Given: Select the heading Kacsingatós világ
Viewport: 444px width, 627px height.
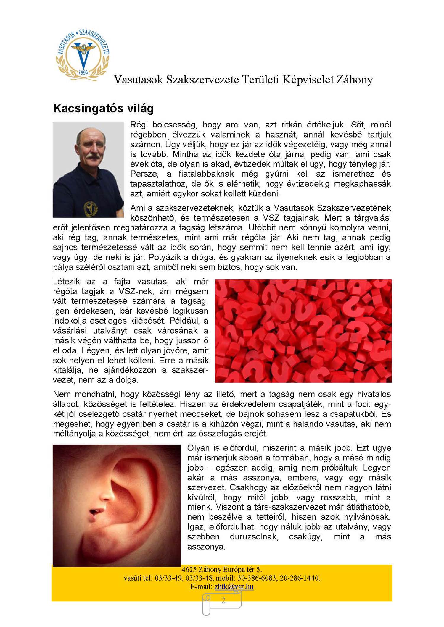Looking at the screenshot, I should pyautogui.click(x=103, y=109).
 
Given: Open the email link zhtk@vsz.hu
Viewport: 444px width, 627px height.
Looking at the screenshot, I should pyautogui.click(x=234, y=586).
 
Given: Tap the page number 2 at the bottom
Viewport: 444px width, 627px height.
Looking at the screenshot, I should pyautogui.click(x=223, y=600).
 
